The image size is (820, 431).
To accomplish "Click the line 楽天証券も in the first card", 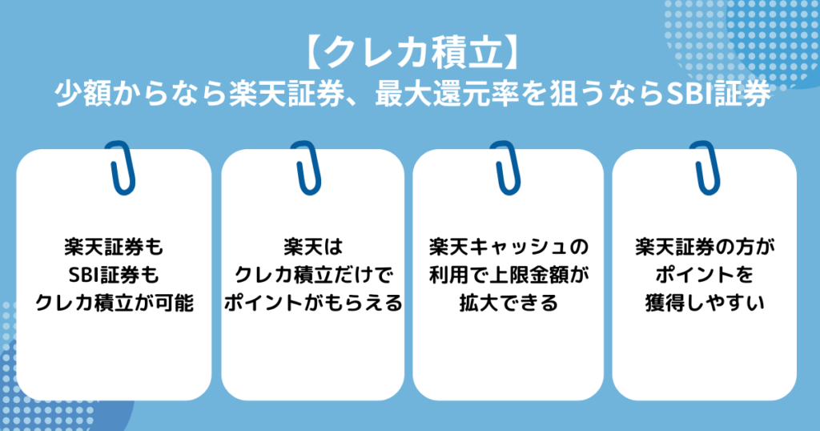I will click(x=114, y=245).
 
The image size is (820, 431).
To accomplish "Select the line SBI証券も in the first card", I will click(x=114, y=275).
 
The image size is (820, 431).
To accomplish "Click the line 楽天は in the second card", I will click(x=312, y=245).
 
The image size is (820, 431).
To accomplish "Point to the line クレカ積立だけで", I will click(x=312, y=275).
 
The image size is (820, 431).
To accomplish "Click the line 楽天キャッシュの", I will click(x=508, y=245).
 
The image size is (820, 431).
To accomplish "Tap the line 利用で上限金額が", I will click(x=508, y=275).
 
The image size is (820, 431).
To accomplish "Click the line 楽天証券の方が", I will click(x=705, y=245).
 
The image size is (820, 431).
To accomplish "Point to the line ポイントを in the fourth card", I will click(x=705, y=275).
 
